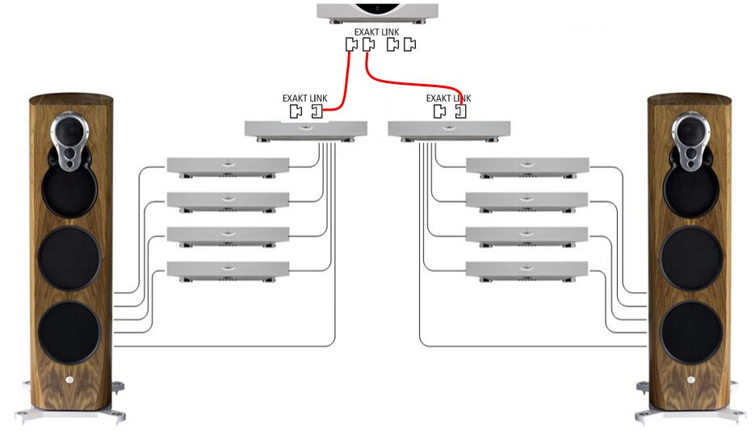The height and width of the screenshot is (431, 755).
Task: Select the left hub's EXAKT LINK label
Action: [305, 98]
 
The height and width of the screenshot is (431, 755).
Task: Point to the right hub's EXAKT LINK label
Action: [449, 98]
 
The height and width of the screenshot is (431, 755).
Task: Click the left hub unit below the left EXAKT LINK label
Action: [305, 129]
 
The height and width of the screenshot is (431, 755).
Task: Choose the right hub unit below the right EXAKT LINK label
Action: [449, 129]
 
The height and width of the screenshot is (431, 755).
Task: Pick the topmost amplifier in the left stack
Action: [227, 165]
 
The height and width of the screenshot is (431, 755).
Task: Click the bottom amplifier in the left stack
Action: [227, 270]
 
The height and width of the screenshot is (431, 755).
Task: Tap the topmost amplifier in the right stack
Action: [527, 165]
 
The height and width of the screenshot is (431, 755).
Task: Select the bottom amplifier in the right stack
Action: [527, 270]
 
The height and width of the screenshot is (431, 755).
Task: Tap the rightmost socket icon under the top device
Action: [409, 45]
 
